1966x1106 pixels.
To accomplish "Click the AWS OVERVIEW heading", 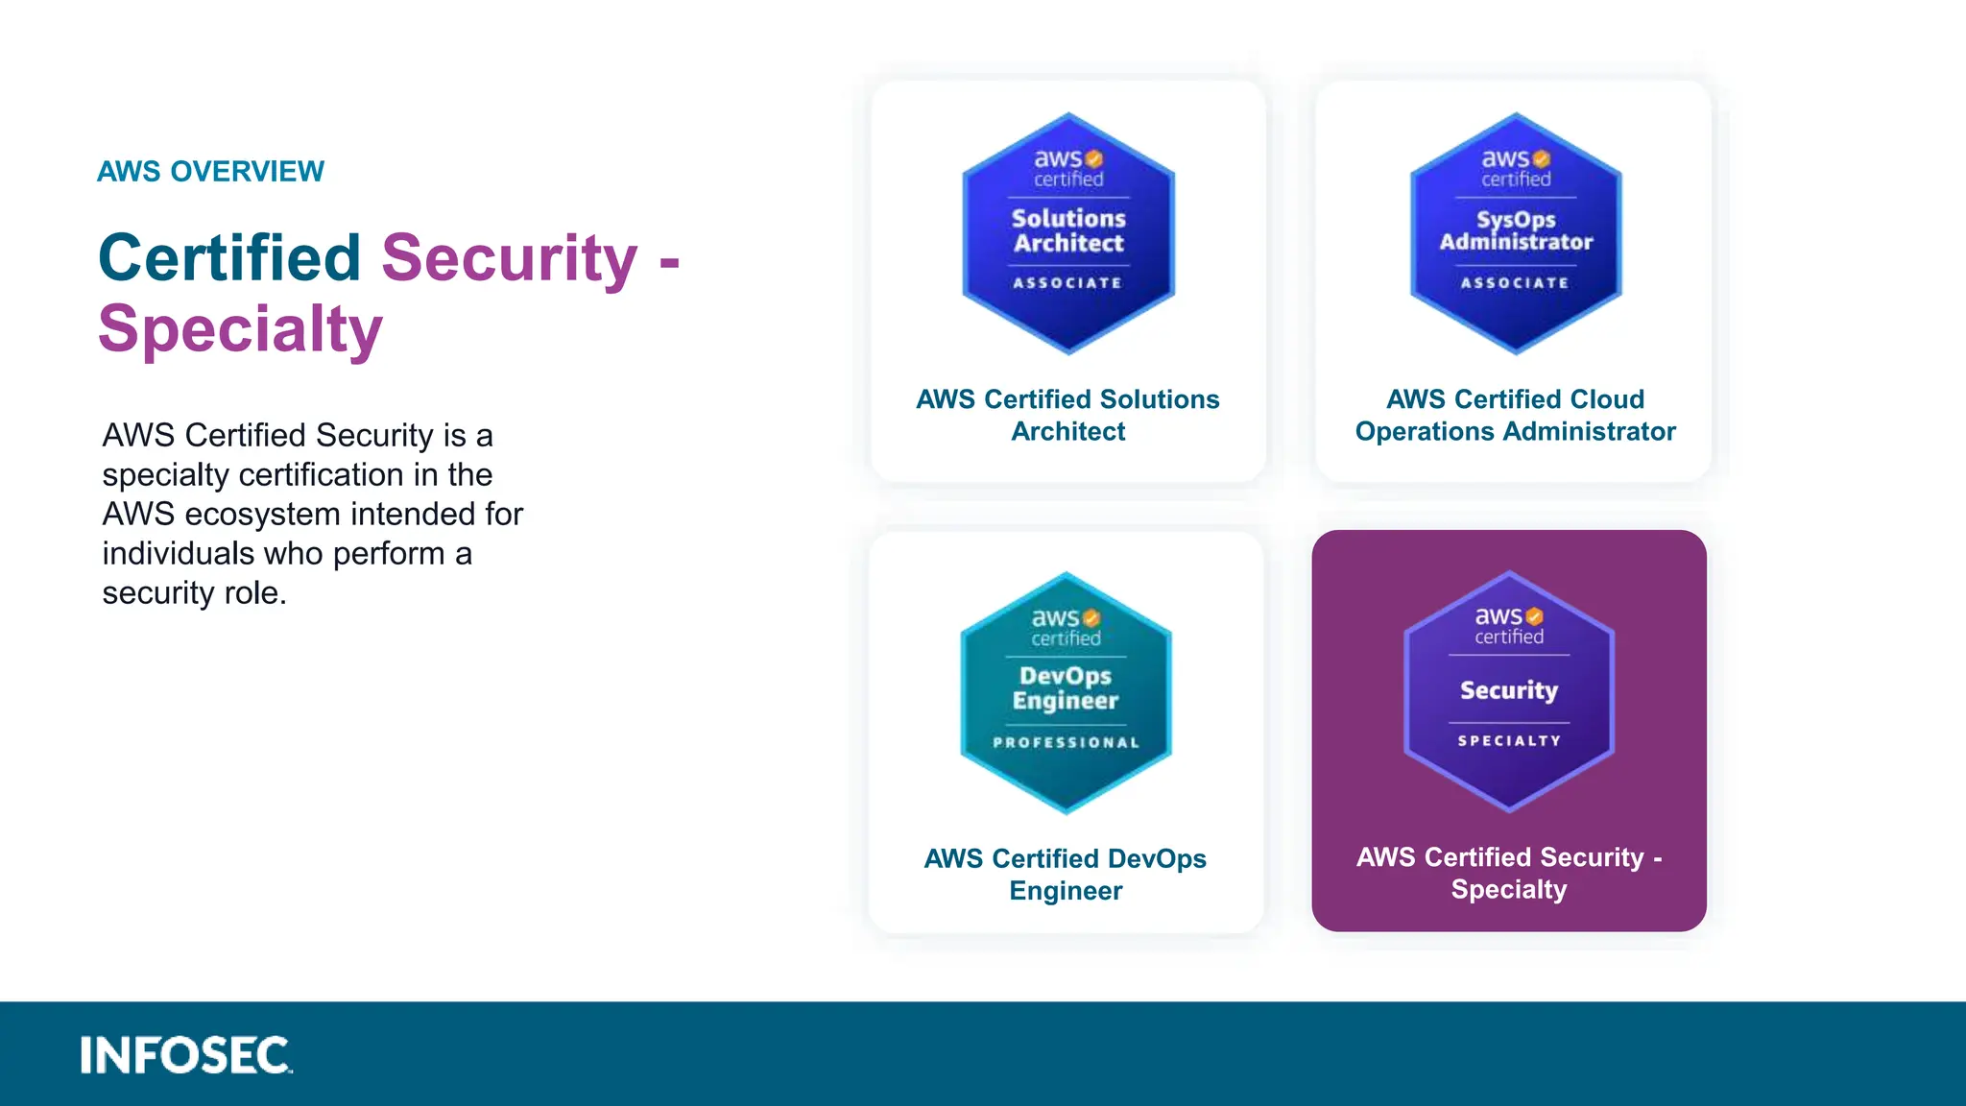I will coord(210,171).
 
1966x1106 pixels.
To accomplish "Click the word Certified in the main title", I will coord(228,258).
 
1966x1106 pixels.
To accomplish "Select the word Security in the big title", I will coord(509,258).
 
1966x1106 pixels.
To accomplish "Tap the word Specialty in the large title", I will coord(240,329).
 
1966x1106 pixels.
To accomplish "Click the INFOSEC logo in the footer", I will coord(185,1055).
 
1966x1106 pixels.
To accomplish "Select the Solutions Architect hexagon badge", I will coord(1068,233).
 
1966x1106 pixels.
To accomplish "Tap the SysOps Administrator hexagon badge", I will coord(1516,233).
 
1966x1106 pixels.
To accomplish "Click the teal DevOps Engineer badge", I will coord(1066,692).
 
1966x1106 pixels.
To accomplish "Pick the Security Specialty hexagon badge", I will coord(1509,691).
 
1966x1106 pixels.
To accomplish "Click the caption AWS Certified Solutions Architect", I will coord(1067,415).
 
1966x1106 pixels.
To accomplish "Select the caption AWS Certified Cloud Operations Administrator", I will coord(1515,415).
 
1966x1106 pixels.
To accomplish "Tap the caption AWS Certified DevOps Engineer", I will coord(1066,874).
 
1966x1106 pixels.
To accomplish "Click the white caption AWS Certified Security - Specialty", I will coord(1509,873).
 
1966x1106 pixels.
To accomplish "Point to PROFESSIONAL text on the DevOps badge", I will coord(1066,742).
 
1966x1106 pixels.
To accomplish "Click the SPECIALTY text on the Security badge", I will coord(1509,740).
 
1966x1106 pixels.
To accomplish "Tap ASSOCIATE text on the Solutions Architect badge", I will coord(1067,282).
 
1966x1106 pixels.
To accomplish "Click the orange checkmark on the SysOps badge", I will coord(1542,158).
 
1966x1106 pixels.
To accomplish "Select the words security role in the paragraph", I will coord(194,593).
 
